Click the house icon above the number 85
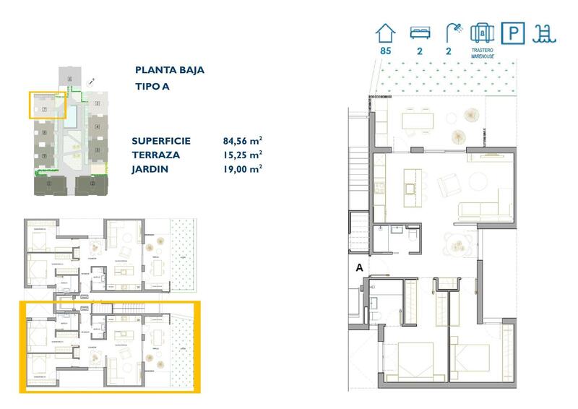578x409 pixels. pyautogui.click(x=386, y=33)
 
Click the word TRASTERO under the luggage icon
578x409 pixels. pyautogui.click(x=481, y=51)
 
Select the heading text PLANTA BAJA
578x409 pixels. pyautogui.click(x=169, y=70)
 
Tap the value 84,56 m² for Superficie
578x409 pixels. pyautogui.click(x=243, y=141)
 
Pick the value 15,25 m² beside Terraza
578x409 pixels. pyautogui.click(x=243, y=155)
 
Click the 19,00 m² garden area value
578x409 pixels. pyautogui.click(x=243, y=168)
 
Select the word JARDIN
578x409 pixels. pyautogui.click(x=150, y=168)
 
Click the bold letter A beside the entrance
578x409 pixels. pyautogui.click(x=358, y=267)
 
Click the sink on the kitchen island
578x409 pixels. pyautogui.click(x=410, y=189)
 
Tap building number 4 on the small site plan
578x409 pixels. pyautogui.click(x=97, y=127)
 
